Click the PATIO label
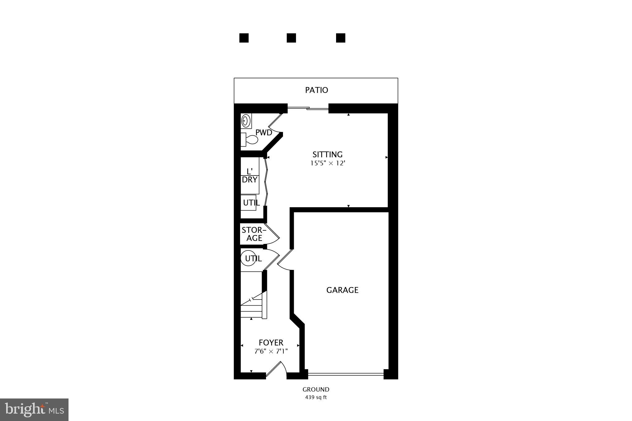[x=316, y=90]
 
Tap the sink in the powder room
[x=246, y=121]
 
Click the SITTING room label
[x=327, y=155]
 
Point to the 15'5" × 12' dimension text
[x=327, y=163]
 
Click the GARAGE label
[x=342, y=290]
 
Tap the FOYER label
[x=271, y=343]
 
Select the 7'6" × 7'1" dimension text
[x=271, y=351]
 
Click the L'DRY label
[x=249, y=176]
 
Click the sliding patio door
[x=308, y=108]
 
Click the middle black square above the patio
[x=291, y=38]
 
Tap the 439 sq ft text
[x=316, y=398]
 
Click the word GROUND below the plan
[x=316, y=390]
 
